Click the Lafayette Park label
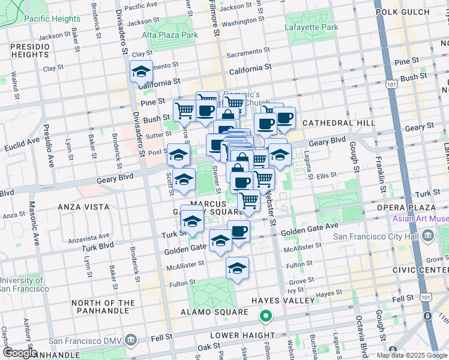pyautogui.click(x=312, y=27)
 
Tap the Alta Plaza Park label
pyautogui.click(x=170, y=35)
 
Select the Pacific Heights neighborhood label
pyautogui.click(x=52, y=19)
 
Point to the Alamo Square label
pyautogui.click(x=214, y=312)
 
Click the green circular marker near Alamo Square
pyautogui.click(x=265, y=314)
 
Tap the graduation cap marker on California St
pyautogui.click(x=141, y=72)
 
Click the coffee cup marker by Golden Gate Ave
pyautogui.click(x=238, y=231)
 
